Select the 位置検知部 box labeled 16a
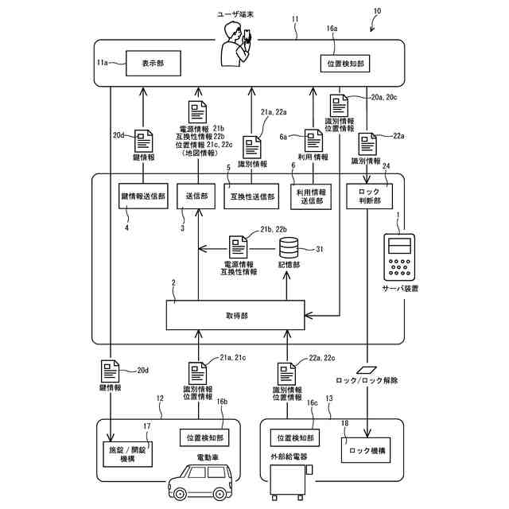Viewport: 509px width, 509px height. pos(348,62)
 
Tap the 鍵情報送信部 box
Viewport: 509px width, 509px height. pos(143,196)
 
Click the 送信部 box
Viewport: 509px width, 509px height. pos(197,196)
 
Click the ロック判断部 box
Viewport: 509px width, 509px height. pos(367,196)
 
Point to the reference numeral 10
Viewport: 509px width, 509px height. pos(375,14)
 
